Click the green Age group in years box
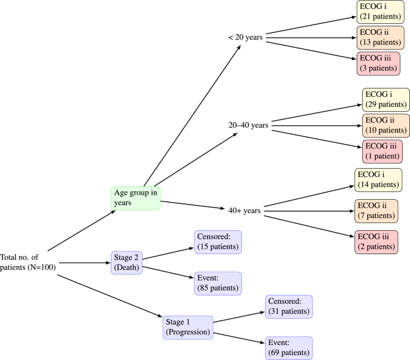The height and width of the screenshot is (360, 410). point(136,198)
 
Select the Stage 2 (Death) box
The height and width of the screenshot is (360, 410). point(126,262)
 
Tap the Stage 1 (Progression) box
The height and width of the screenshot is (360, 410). point(187,327)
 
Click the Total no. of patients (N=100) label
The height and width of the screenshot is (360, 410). point(28,262)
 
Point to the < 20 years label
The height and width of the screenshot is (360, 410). point(245,37)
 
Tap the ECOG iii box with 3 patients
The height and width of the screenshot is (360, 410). point(377,63)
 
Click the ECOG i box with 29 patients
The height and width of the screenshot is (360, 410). point(385,99)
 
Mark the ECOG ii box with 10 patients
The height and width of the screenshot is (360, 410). point(385,125)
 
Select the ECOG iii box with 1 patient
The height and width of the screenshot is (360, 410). point(382,151)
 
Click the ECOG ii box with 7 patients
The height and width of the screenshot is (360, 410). point(376,210)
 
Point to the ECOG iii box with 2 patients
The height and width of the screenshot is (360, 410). point(377,241)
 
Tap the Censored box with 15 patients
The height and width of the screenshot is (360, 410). point(217,242)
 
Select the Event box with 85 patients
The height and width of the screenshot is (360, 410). point(217,283)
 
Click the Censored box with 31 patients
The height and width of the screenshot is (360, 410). point(288,307)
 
